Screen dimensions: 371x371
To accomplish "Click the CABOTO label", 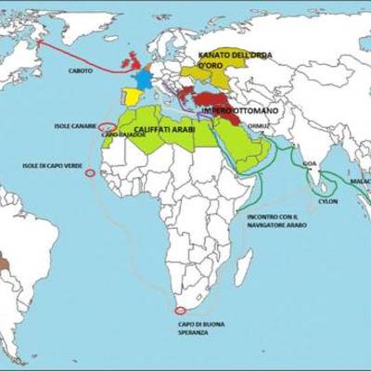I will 81,70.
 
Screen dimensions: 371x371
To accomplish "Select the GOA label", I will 309,162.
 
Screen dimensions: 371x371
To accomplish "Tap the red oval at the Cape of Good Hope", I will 179,310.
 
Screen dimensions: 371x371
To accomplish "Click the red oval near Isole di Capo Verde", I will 90,173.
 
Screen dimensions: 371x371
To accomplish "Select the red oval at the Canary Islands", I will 107,127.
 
